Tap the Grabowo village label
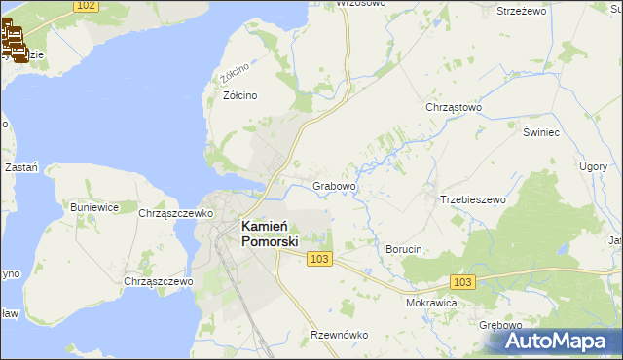point(334,185)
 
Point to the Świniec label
point(539,131)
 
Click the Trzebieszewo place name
point(473,199)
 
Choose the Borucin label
point(404,249)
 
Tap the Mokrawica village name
point(431,303)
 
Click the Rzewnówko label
point(339,335)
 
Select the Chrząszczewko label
point(175,212)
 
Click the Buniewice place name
point(94,207)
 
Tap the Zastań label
point(20,167)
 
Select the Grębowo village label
point(501,325)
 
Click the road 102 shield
point(85,6)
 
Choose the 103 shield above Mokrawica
point(463,281)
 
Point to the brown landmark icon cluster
point(15,43)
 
